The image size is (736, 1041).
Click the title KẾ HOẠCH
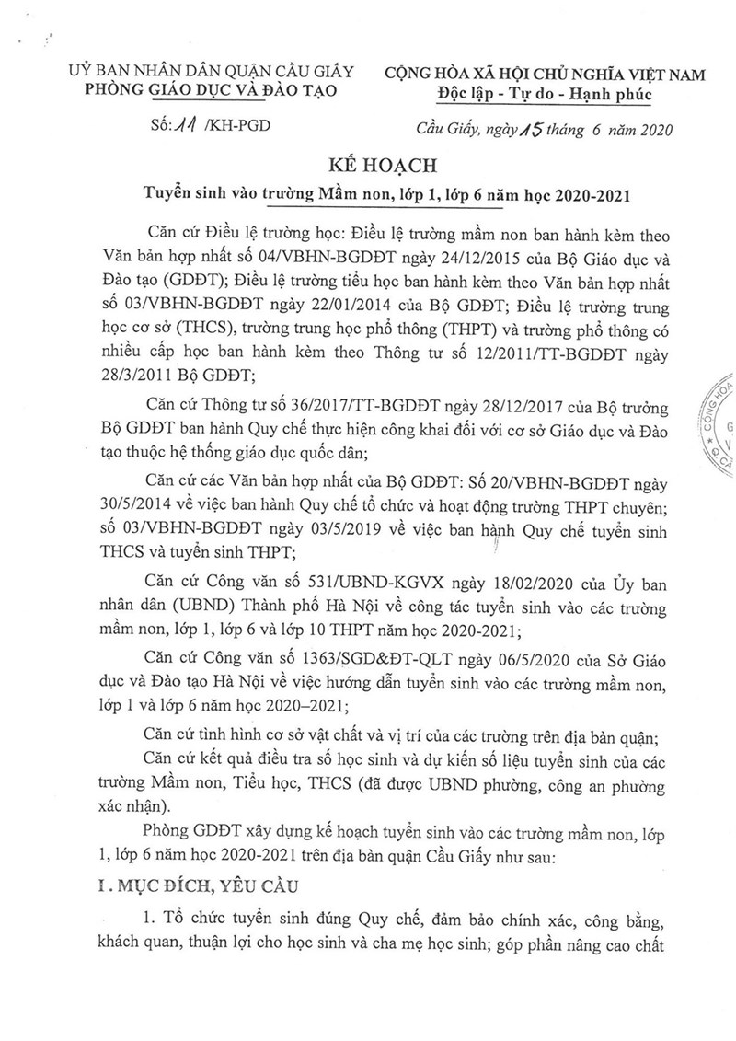pyautogui.click(x=367, y=167)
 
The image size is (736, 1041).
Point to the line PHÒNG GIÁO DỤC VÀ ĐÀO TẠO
pyautogui.click(x=211, y=90)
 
